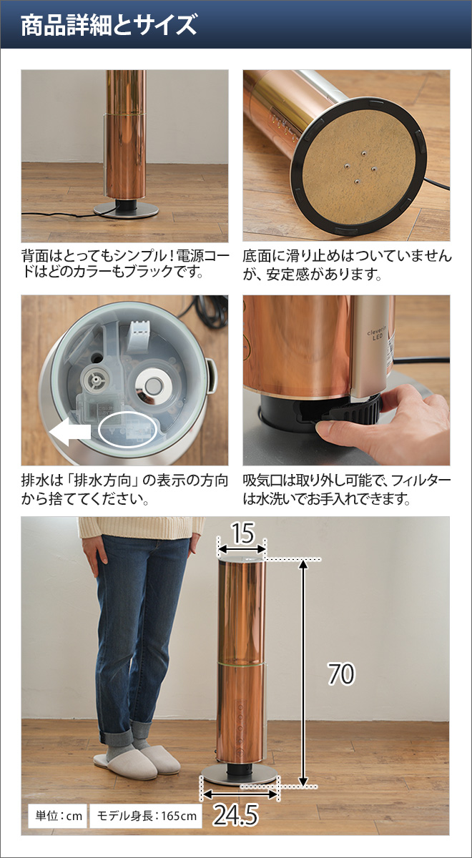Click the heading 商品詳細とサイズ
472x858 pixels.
pos(109,26)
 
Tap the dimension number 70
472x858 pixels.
pos(341,674)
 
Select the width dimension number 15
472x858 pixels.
pos(242,532)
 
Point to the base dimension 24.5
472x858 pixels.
pos(235,815)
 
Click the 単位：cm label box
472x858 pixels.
pos(56,816)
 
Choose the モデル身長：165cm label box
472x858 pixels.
pos(146,816)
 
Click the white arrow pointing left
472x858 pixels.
pos(69,432)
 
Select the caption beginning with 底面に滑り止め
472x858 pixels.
pos(346,264)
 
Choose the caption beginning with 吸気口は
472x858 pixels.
pos(346,489)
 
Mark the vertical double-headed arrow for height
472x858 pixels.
pos(305,673)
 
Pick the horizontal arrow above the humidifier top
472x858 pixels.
pos(242,549)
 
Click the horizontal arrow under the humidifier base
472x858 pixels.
pos(240,793)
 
